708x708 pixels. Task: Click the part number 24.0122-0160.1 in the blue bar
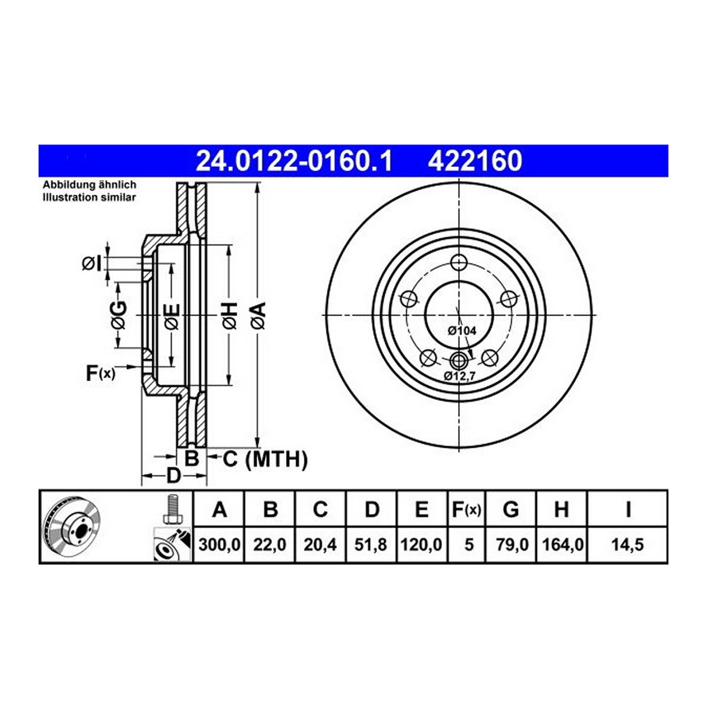click(294, 161)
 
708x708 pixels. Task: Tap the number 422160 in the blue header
click(475, 161)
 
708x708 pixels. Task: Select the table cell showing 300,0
click(219, 545)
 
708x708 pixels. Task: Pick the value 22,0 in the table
click(270, 545)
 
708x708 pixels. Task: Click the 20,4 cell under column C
click(320, 545)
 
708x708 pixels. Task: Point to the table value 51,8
click(371, 545)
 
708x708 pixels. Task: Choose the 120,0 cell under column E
click(421, 545)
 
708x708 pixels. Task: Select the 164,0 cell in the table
click(563, 545)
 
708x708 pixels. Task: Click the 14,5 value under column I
click(628, 545)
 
